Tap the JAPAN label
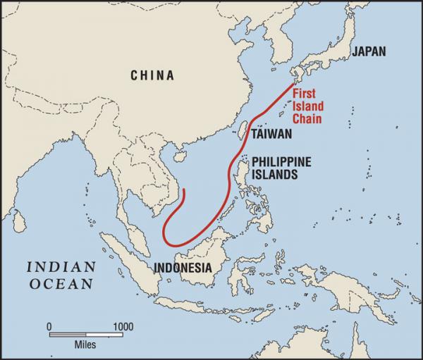point(369,51)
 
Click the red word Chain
point(313,118)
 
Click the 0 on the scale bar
point(49,326)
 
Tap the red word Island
point(314,107)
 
